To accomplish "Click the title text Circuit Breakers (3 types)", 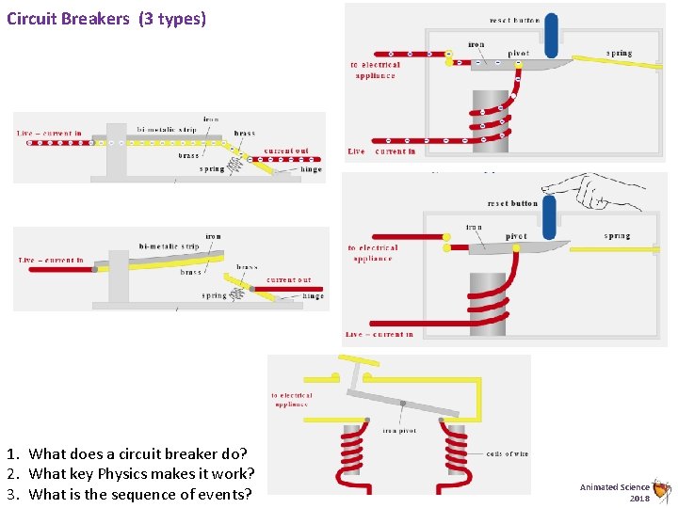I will [x=105, y=18].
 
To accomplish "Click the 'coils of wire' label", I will [x=508, y=454].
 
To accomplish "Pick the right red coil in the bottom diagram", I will [x=456, y=452].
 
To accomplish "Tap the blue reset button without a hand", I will [x=551, y=36].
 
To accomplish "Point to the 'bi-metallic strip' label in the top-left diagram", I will [x=166, y=129].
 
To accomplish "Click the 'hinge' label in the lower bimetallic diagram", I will [x=314, y=296].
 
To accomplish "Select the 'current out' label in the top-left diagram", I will [x=285, y=151].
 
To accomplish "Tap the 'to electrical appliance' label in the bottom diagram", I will [x=292, y=400].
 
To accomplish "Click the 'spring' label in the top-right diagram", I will [x=619, y=54].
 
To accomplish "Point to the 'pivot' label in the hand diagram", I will [x=516, y=236].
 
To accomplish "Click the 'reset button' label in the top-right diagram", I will [x=514, y=20].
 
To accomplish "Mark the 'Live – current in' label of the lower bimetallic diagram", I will [x=51, y=260].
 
